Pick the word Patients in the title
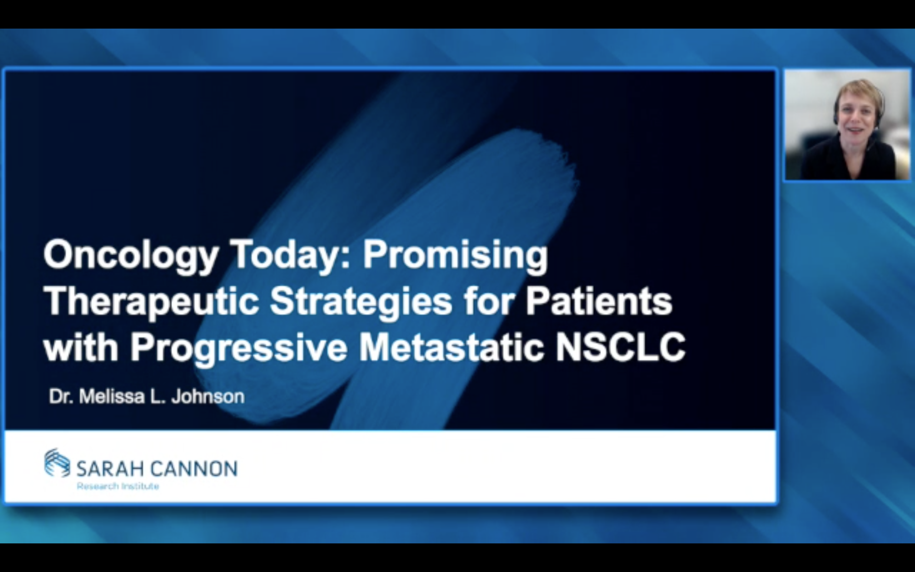599,301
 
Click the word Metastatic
451,347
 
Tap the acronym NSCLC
620,347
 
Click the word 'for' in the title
489,301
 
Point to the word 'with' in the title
81,347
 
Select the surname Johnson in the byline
208,397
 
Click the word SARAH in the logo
111,469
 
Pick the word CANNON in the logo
194,469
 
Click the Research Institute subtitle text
118,486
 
